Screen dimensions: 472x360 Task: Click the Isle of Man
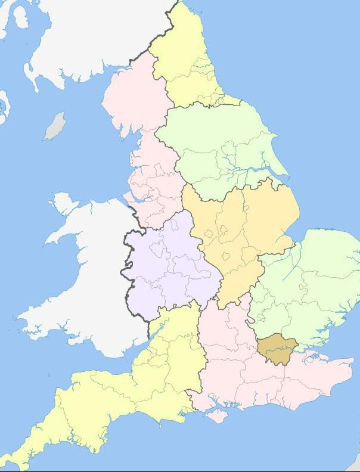[55, 126]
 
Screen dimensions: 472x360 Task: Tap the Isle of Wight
[219, 415]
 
